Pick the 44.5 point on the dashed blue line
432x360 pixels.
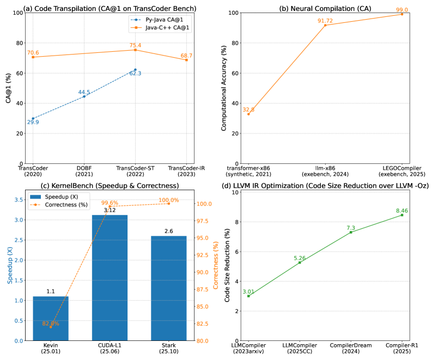pyautogui.click(x=84, y=96)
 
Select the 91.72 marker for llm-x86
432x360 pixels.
pyautogui.click(x=325, y=25)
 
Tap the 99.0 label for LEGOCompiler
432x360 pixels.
pyautogui.click(x=402, y=9)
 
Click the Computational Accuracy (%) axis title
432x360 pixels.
pyautogui.click(x=224, y=88)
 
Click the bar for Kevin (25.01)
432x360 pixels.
pyautogui.click(x=51, y=319)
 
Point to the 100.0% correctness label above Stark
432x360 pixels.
pyautogui.click(x=169, y=200)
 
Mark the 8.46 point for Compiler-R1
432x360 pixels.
pyautogui.click(x=402, y=215)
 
